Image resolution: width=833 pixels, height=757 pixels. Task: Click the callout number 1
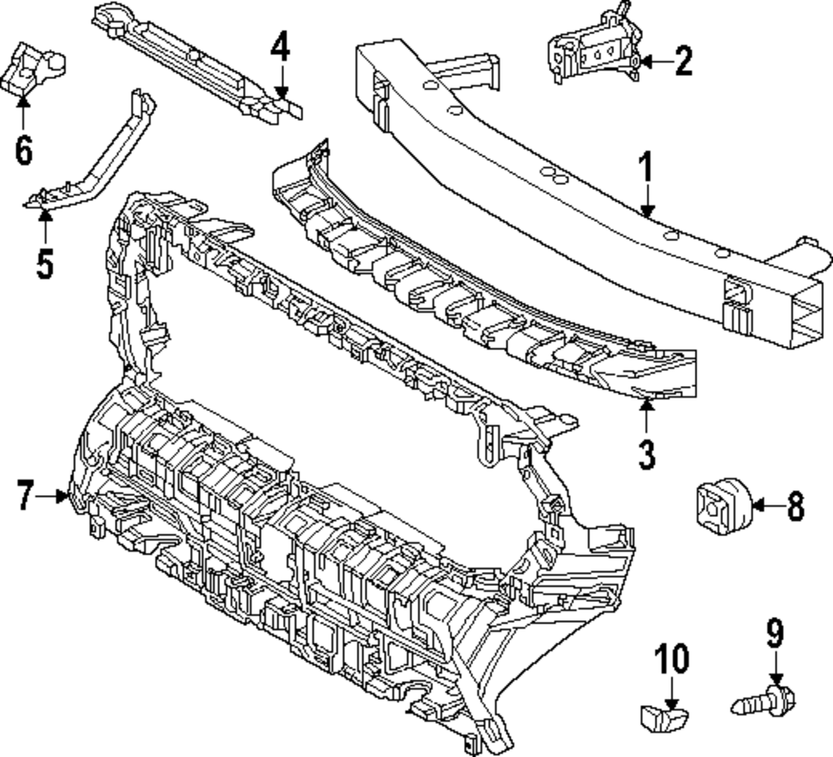[647, 169]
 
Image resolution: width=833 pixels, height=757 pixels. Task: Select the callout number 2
[683, 61]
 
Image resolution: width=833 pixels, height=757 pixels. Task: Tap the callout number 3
[647, 454]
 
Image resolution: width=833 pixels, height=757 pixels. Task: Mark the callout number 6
[23, 151]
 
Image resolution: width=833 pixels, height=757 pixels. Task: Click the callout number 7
[26, 497]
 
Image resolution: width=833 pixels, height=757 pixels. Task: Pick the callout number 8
[796, 505]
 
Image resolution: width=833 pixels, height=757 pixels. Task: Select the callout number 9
[776, 634]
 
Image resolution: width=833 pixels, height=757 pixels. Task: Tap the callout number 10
[672, 659]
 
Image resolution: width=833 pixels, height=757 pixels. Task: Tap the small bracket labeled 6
[33, 68]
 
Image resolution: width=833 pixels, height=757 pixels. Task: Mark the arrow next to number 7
[56, 497]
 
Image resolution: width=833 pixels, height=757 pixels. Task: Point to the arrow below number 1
[647, 204]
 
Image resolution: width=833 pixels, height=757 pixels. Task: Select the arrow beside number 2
[654, 61]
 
